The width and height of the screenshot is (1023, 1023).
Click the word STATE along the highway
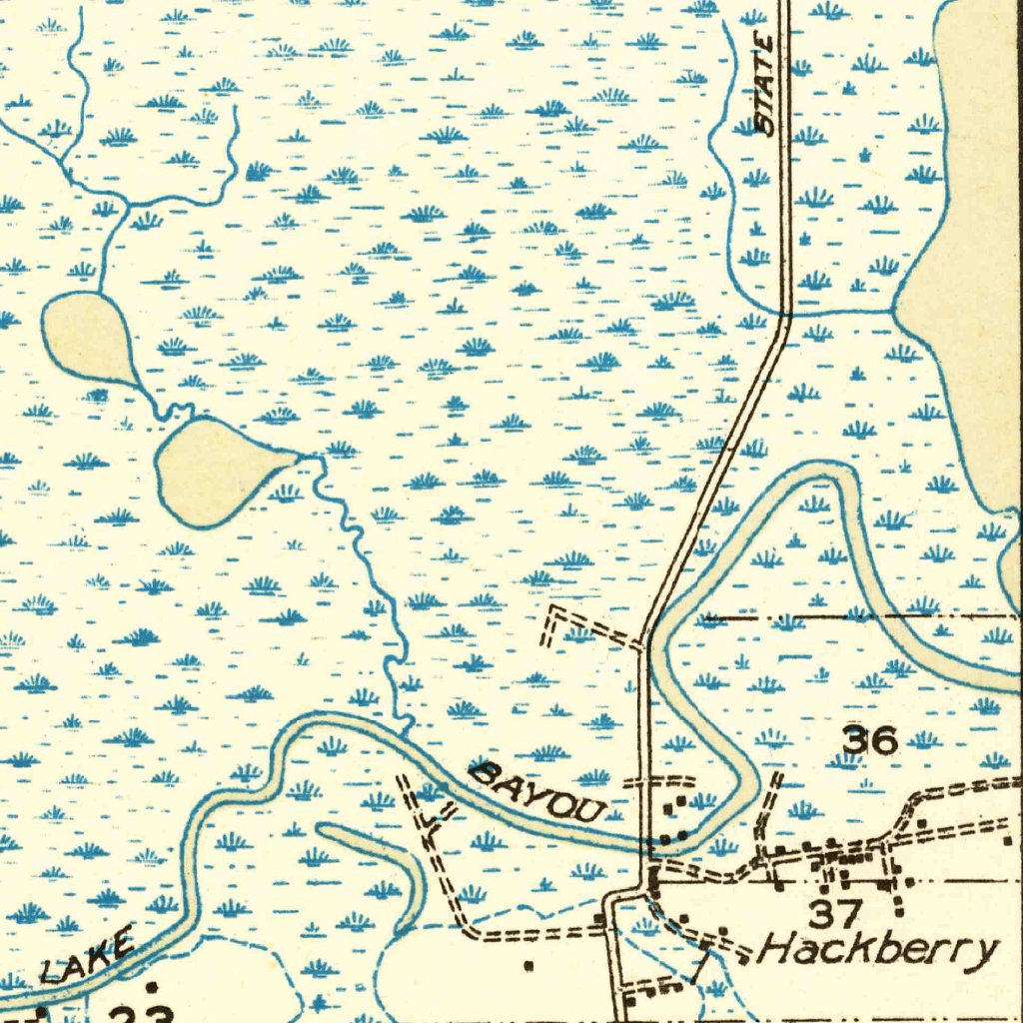coord(766,84)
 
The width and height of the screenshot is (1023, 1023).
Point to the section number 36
coord(870,740)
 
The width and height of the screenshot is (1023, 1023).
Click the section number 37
coord(835,913)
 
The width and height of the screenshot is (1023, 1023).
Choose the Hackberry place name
coord(880,948)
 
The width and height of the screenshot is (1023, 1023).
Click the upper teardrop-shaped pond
coord(91,337)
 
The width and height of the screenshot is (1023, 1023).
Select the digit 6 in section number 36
coord(885,740)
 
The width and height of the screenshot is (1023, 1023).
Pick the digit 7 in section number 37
coord(849,913)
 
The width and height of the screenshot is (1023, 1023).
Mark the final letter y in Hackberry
coord(986,951)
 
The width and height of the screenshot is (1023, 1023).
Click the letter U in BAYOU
coord(590,810)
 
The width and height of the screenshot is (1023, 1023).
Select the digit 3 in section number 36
coord(856,740)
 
